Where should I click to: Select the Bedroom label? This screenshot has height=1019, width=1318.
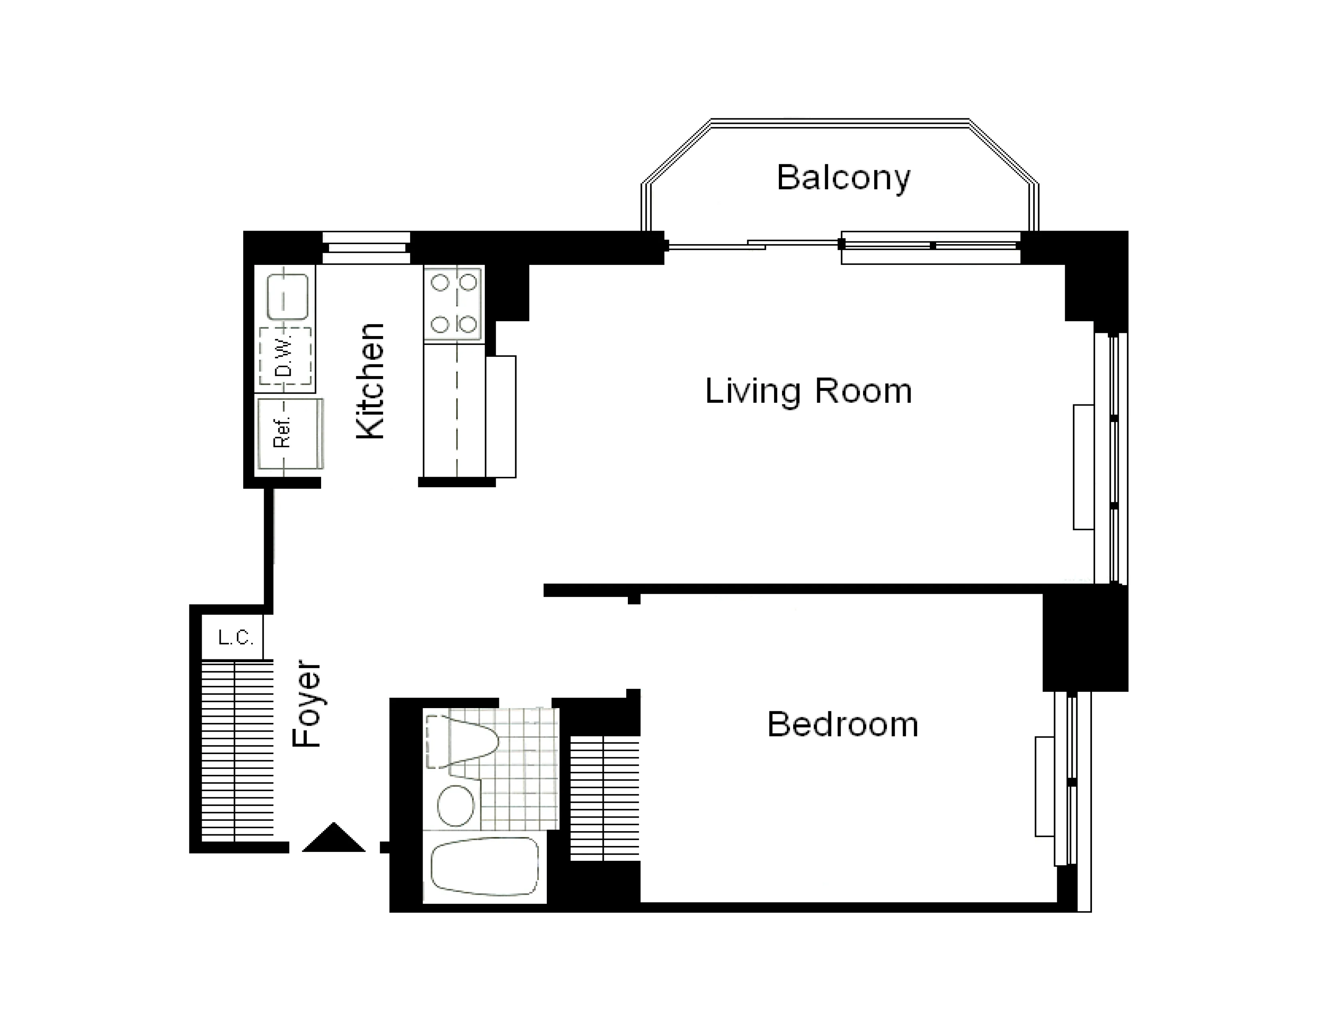842,724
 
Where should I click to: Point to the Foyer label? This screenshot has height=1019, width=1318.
307,704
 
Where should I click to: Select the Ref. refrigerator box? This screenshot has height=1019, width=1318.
289,434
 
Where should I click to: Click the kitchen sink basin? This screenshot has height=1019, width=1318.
288,297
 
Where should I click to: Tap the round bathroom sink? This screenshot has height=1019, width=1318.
456,806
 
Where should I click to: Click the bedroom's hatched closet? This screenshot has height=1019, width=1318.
604,797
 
